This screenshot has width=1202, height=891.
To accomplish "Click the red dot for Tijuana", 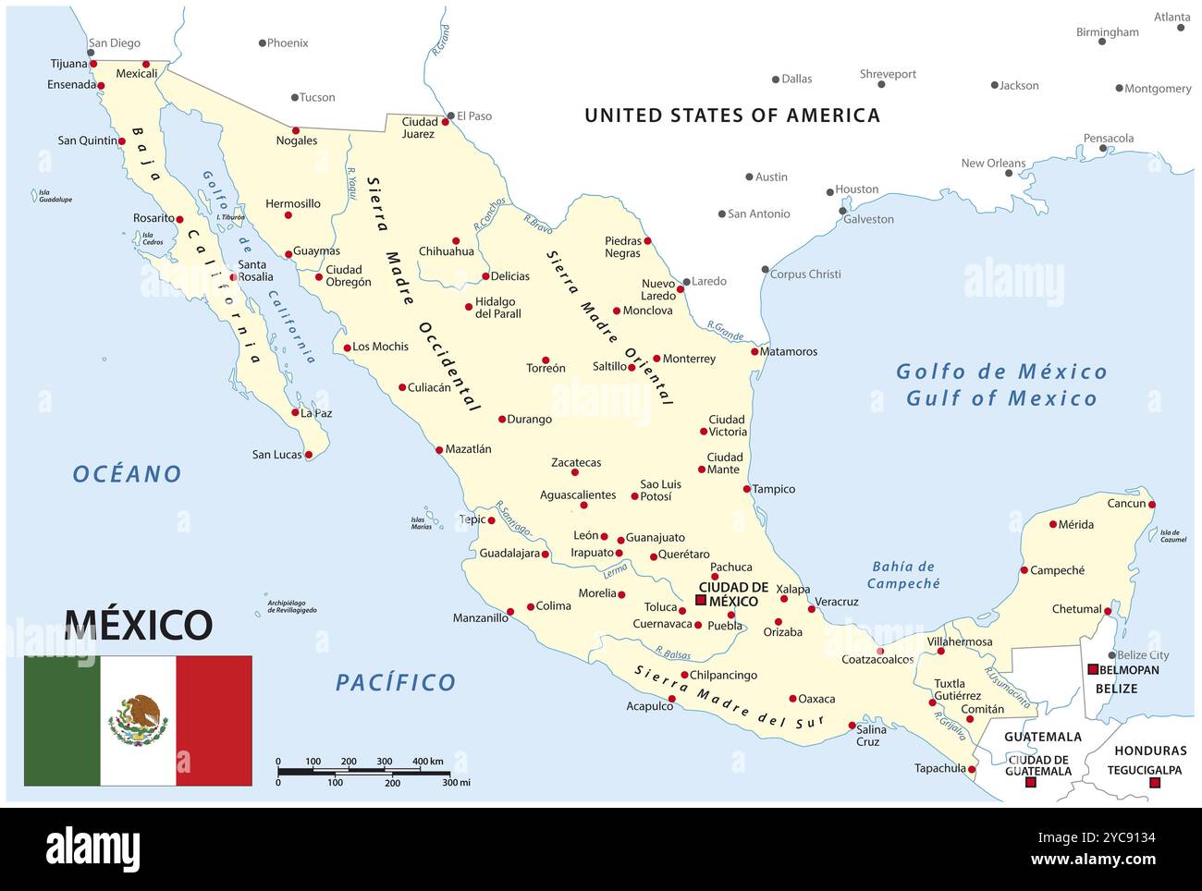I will tap(93, 64).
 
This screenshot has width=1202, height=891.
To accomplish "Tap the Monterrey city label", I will tap(689, 359).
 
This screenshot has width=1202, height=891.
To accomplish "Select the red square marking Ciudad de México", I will tap(701, 600).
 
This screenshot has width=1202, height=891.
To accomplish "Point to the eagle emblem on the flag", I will tap(138, 720).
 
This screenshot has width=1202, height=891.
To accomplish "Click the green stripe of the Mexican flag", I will tap(62, 720).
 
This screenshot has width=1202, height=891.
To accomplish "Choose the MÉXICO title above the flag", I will tap(139, 625).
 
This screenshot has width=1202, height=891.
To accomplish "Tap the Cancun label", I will tap(1126, 504).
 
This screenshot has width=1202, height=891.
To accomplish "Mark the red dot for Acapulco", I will tap(672, 699).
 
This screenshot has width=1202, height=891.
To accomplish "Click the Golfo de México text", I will tap(1001, 372).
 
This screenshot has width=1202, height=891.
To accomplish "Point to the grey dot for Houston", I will tap(829, 193).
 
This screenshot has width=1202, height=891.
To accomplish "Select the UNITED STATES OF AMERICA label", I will tap(732, 116).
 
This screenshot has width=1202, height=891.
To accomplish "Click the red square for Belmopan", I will tap(1093, 669).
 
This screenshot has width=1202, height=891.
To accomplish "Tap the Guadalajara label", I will tap(509, 554).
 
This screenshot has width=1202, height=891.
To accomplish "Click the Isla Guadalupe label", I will tap(55, 197).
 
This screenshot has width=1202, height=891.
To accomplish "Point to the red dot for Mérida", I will tap(1052, 524).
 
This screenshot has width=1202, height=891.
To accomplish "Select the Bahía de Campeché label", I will tap(903, 575).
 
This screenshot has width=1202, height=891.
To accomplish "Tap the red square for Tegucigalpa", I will tap(1154, 783).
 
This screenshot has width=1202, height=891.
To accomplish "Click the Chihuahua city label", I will tap(447, 251).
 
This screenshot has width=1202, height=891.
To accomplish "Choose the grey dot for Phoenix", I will tap(263, 43).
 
